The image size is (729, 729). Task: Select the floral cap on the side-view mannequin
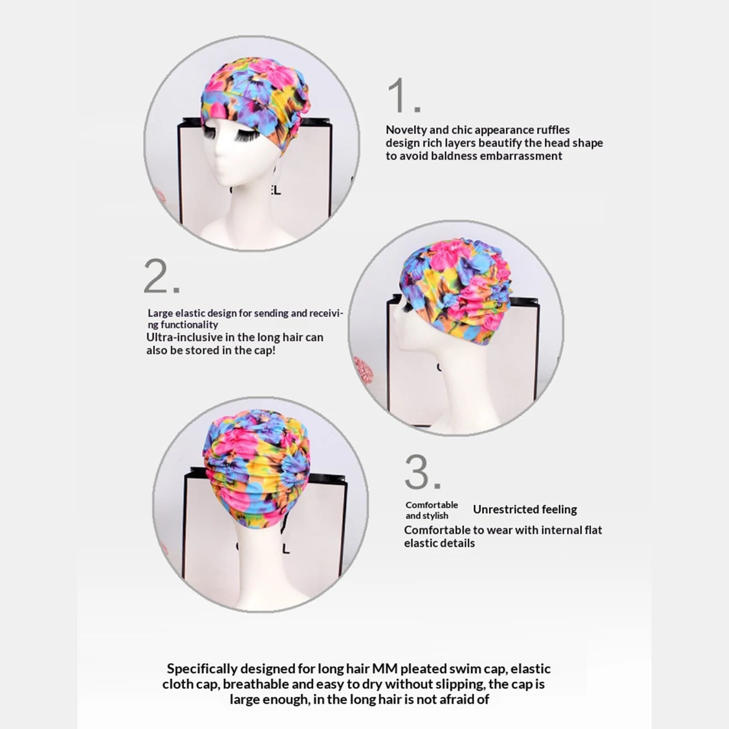pos(456,292)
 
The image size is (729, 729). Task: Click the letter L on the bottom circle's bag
pos(285,549)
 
